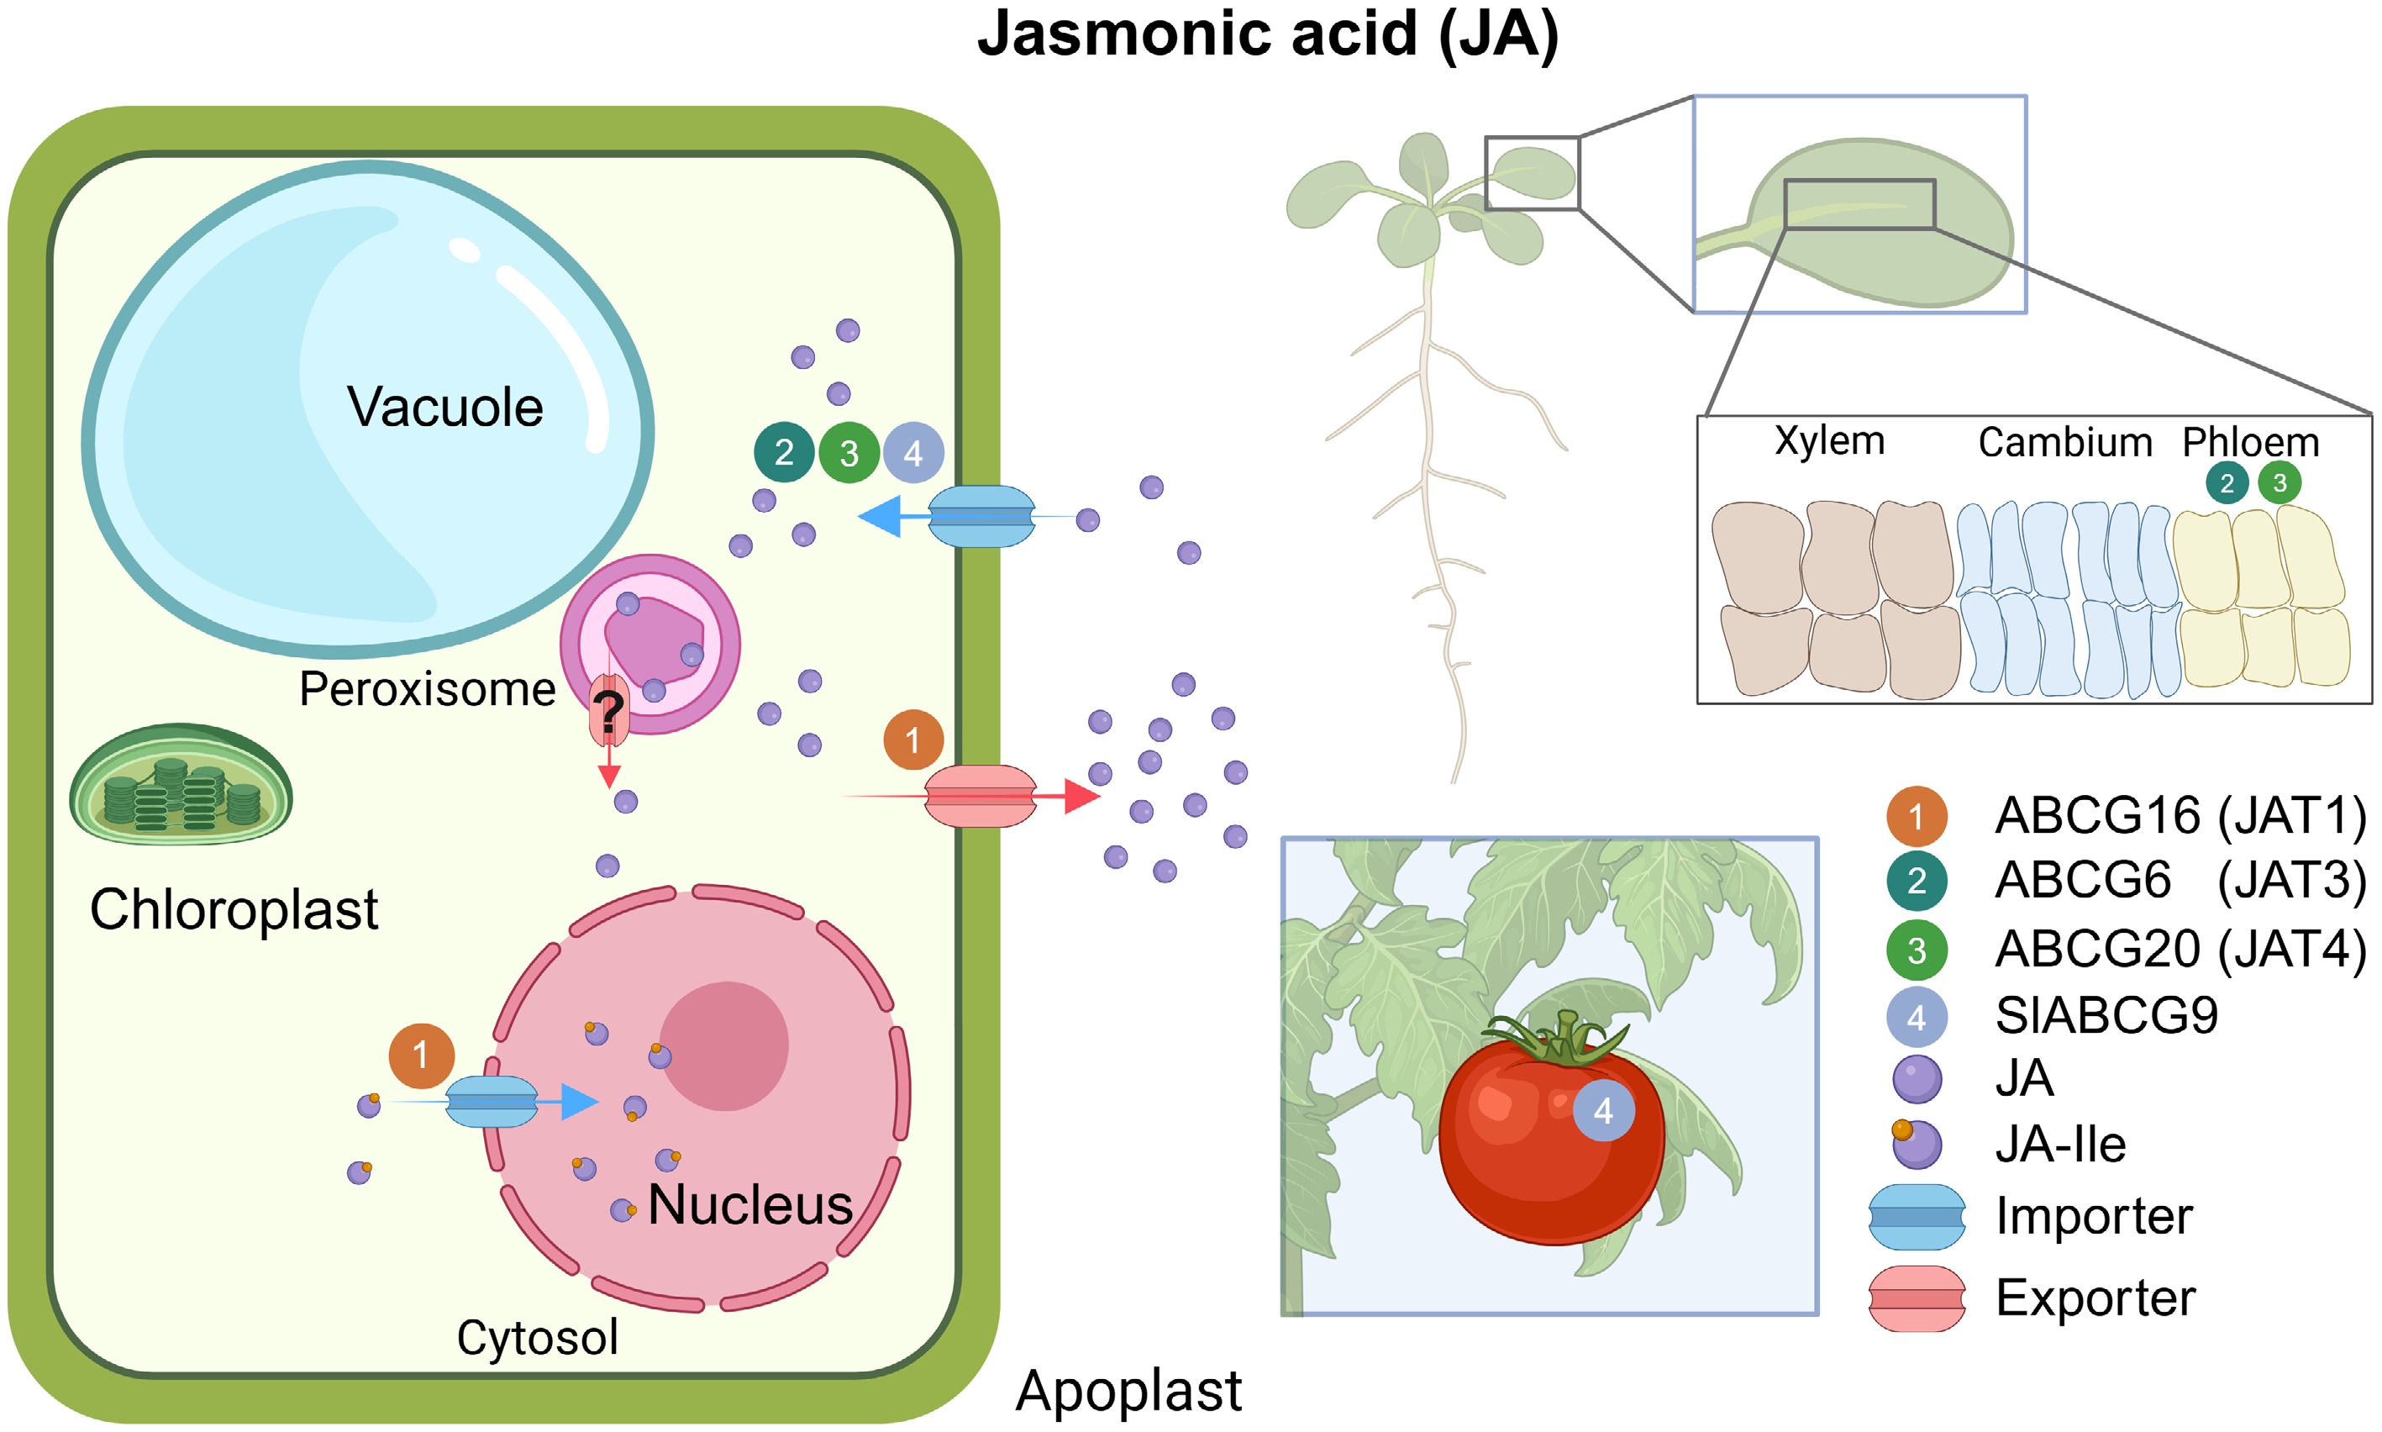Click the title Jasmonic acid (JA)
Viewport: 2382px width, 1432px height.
(1267, 34)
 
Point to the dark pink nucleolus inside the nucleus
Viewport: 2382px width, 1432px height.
(723, 1046)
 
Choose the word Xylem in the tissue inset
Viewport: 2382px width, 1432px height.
(1829, 441)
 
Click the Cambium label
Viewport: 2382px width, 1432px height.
(2064, 443)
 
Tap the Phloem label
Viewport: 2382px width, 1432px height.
(2251, 442)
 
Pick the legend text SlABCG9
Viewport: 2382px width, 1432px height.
(2106, 1015)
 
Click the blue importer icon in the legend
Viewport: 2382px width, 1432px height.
(1916, 1217)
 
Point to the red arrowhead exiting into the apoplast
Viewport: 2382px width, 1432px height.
(1081, 796)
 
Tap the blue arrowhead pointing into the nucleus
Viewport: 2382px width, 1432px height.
(579, 1101)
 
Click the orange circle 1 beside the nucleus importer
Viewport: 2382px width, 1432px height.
(421, 1056)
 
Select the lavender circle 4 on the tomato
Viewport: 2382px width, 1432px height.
(1603, 1111)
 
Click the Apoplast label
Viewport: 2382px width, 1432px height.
(1128, 1391)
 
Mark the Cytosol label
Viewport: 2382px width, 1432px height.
(538, 1337)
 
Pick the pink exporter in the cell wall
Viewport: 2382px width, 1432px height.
(981, 796)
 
